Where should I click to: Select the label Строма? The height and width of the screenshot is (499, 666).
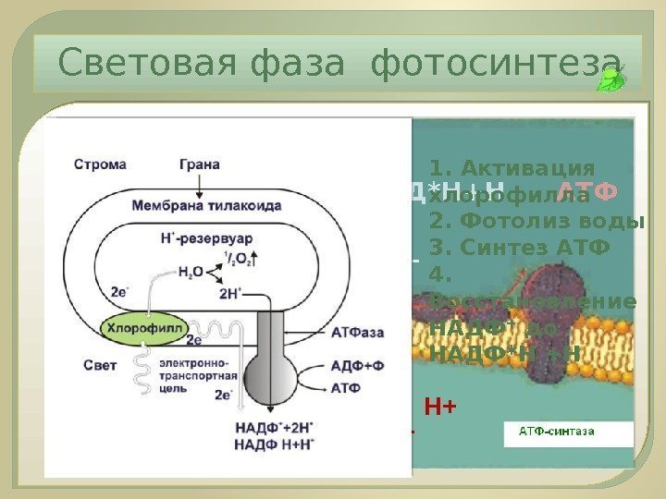[x=100, y=164]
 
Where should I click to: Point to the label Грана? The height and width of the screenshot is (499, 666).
[x=199, y=164]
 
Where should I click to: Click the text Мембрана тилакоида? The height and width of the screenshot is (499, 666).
[x=206, y=205]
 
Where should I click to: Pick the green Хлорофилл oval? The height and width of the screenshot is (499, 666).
[x=144, y=327]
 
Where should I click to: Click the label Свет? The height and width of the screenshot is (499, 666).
[x=100, y=365]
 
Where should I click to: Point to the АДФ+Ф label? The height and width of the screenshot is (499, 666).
[x=357, y=365]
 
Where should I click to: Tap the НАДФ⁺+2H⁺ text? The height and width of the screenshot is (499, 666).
[x=273, y=427]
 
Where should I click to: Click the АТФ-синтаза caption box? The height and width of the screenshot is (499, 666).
[x=555, y=432]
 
